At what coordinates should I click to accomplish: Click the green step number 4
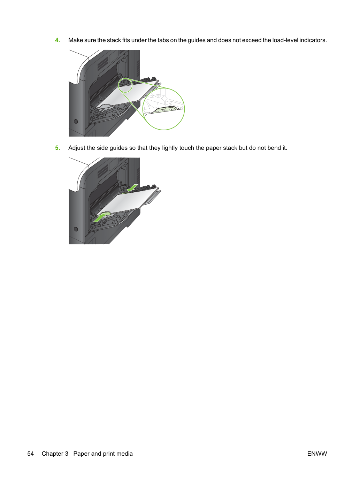pos(57,40)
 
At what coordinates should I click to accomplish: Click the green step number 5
pos(57,148)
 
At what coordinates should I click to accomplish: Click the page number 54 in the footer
pos(30,454)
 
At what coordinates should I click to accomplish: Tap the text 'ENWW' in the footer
pos(317,454)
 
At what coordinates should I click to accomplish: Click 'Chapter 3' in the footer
pos(55,454)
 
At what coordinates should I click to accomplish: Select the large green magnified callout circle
pos(163,88)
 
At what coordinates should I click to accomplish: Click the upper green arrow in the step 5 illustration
pos(132,188)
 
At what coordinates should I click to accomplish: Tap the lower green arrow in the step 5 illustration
pos(100,218)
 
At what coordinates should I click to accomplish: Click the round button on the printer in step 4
pos(76,121)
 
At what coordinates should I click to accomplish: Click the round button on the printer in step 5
pos(76,229)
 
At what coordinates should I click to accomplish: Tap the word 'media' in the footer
pos(125,454)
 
